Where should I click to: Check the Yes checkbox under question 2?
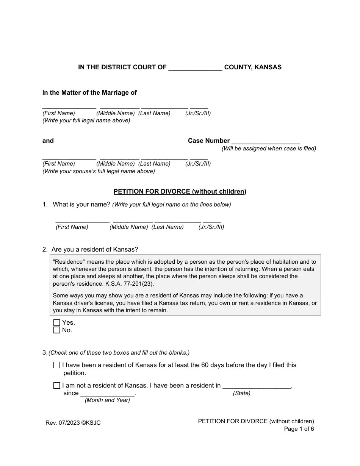[57, 323]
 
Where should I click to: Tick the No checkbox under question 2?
[57, 330]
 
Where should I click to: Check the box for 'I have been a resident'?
[57, 365]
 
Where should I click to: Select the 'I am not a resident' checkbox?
[57, 386]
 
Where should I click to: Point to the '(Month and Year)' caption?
[107, 400]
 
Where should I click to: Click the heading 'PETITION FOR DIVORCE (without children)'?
[180, 192]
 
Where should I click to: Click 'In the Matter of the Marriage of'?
[89, 93]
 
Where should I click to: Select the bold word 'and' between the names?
[48, 141]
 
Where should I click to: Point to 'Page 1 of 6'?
[299, 429]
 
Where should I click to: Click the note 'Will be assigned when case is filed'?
[269, 149]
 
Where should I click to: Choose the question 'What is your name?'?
[81, 205]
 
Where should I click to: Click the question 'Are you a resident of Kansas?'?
[95, 250]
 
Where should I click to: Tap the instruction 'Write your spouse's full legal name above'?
[99, 171]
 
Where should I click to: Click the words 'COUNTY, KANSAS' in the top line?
[253, 67]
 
